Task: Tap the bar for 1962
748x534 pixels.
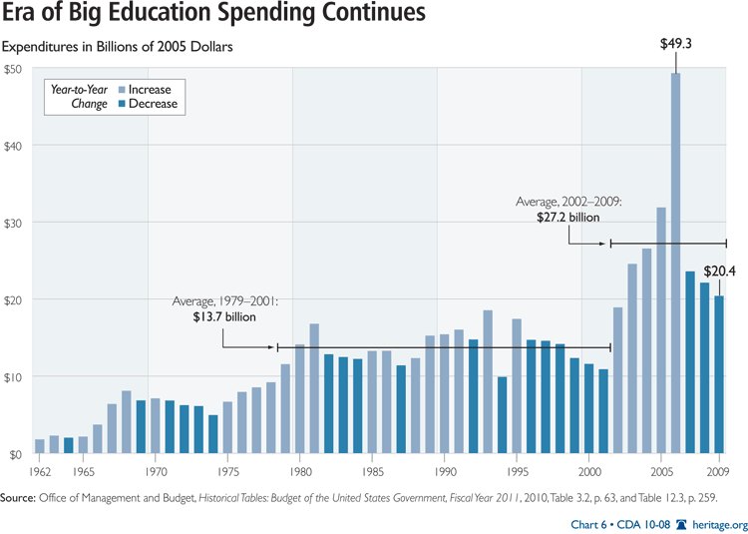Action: coord(40,446)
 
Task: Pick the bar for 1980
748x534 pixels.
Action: coord(299,398)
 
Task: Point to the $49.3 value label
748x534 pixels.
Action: coord(676,45)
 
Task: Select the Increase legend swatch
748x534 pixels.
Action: coord(121,89)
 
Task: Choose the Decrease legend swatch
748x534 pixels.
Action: coord(121,103)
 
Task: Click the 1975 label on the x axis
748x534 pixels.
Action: coord(227,470)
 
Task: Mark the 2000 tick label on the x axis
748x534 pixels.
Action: coord(589,470)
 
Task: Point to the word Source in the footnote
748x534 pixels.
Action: coord(22,495)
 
